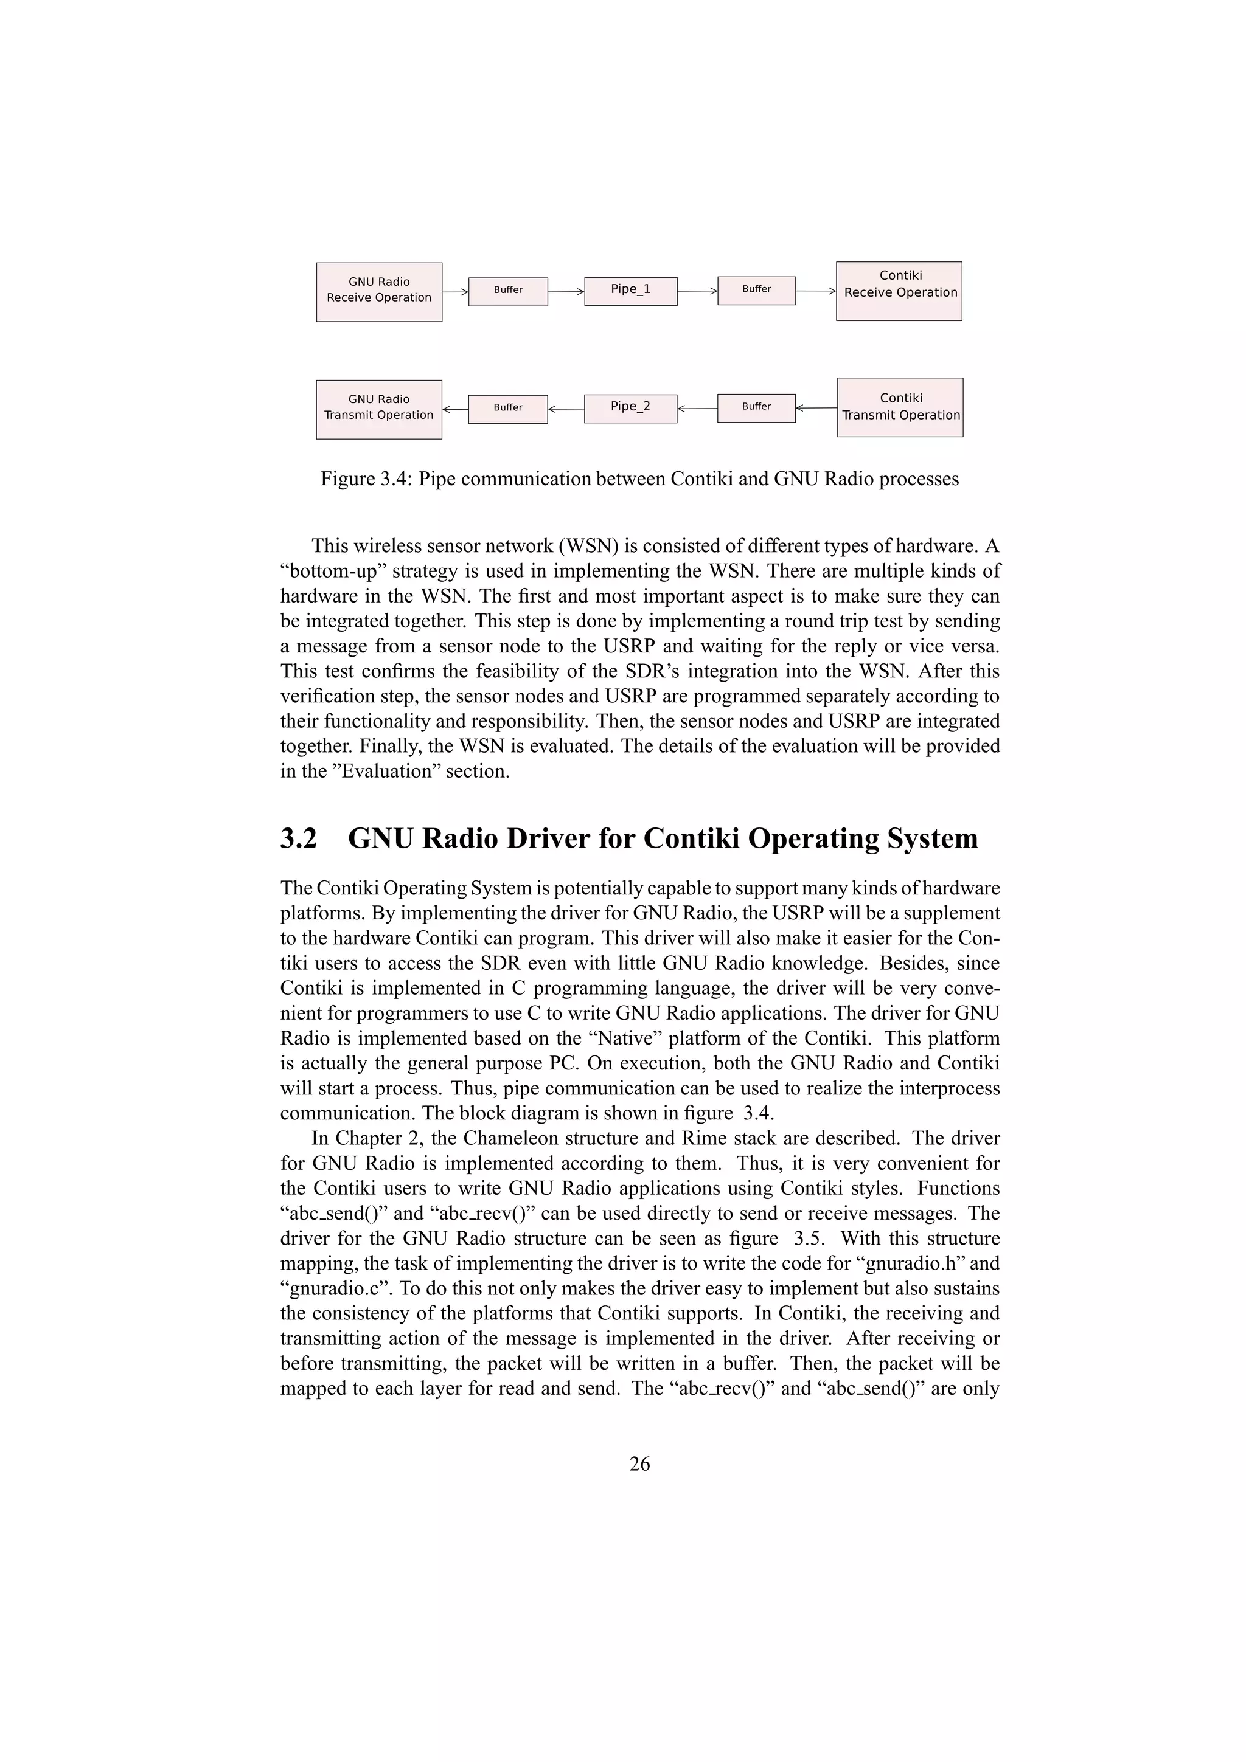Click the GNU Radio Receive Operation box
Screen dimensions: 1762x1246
378,292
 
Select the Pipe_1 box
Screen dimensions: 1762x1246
630,291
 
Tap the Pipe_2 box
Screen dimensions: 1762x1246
630,408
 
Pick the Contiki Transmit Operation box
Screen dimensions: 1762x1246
900,407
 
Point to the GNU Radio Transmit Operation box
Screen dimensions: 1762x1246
378,409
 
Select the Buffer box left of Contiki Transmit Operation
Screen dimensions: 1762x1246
756,407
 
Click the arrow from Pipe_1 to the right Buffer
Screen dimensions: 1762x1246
697,291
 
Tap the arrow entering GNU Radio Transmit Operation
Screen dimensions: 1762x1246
454,409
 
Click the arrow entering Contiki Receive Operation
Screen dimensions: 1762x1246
815,291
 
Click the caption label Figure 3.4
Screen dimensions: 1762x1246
366,479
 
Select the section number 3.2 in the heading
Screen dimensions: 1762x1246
298,838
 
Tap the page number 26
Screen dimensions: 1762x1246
639,1464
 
